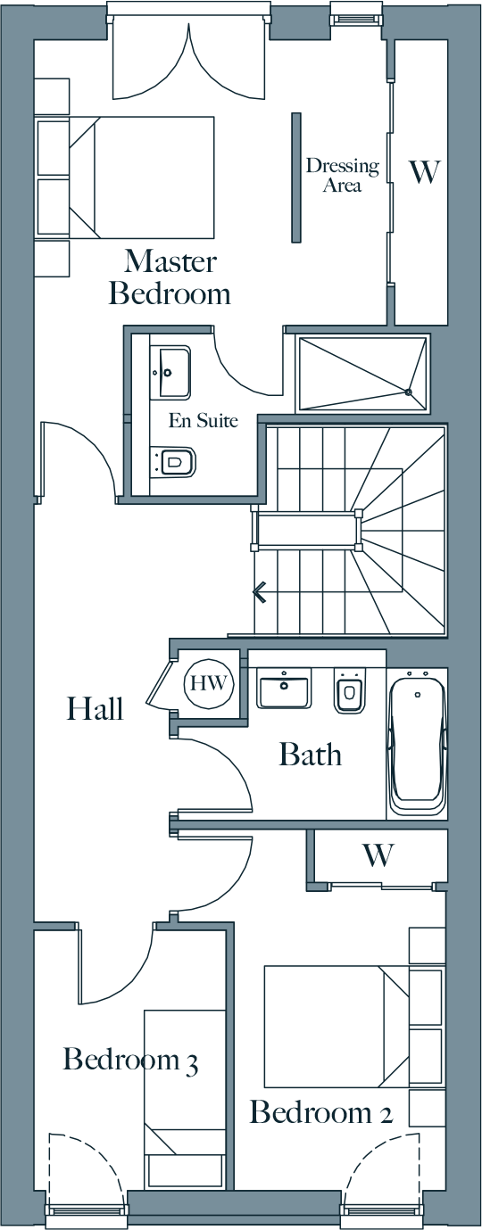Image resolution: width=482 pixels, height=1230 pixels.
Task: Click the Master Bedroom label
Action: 170,277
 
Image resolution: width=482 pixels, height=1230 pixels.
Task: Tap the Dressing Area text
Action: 343,175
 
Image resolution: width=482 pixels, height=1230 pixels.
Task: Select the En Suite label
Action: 204,421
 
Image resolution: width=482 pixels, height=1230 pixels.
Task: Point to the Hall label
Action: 96,708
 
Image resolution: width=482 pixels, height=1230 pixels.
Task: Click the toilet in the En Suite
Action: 174,459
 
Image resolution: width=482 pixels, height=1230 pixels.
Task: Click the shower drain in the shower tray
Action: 408,392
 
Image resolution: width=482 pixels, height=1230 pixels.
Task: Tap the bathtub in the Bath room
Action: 416,744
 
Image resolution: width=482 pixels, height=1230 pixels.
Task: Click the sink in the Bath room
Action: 284,688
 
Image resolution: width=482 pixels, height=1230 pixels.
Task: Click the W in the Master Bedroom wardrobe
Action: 426,172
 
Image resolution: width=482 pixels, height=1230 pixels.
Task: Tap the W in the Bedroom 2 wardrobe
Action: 378,854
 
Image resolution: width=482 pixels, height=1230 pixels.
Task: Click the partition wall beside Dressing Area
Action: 296,177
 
